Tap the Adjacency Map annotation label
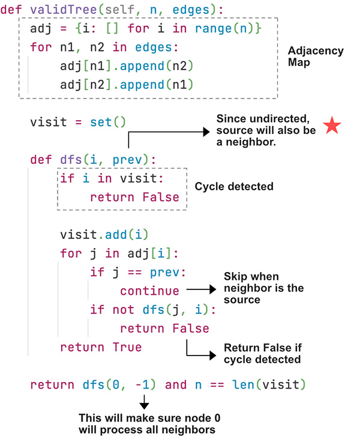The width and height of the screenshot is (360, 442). click(316, 56)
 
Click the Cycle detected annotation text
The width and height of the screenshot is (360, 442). click(234, 187)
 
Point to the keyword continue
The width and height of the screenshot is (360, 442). click(149, 291)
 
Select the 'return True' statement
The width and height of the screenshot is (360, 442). click(101, 347)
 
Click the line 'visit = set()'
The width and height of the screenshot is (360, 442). click(78, 123)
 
